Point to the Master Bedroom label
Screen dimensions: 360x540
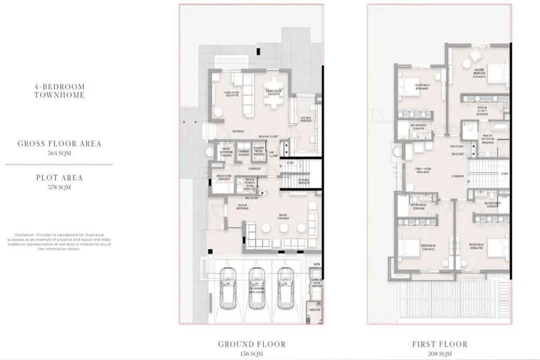pyautogui.click(x=479, y=75)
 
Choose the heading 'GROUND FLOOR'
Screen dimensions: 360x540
pyautogui.click(x=252, y=344)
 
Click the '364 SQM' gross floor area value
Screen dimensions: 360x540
pyautogui.click(x=59, y=153)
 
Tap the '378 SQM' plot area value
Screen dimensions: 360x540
pyautogui.click(x=59, y=187)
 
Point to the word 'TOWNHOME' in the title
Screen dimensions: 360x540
pyautogui.click(x=59, y=95)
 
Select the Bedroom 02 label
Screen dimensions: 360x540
pyautogui.click(x=428, y=247)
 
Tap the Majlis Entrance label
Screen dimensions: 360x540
pyautogui.click(x=242, y=207)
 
